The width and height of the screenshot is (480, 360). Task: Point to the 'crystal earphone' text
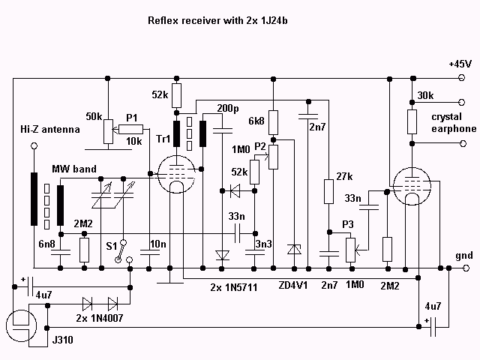tap(453, 123)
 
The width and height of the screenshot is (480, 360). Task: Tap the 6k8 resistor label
tap(255, 120)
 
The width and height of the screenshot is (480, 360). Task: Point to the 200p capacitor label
tap(228, 107)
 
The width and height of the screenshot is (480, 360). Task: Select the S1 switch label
tap(111, 244)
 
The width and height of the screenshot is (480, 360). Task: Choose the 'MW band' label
tap(74, 170)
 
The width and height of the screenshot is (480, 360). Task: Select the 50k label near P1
tap(95, 117)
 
